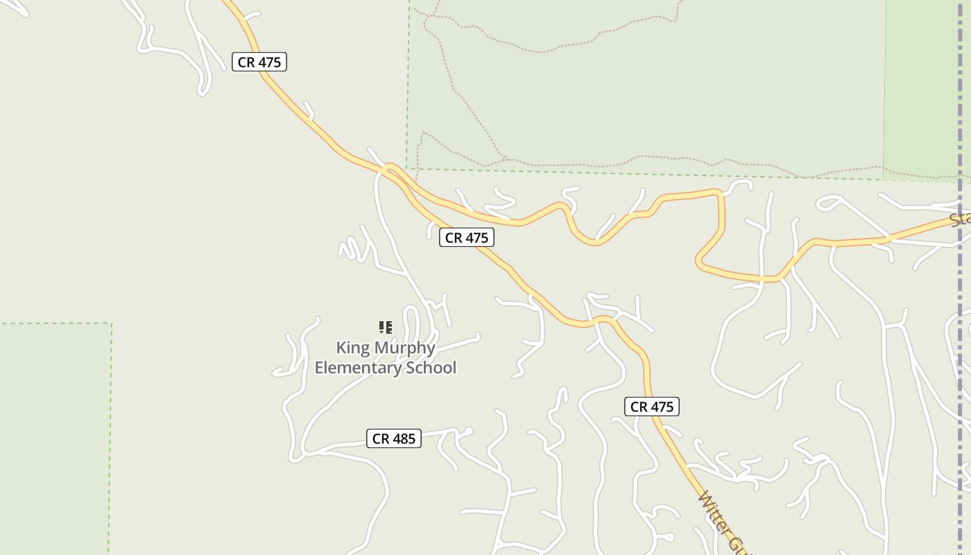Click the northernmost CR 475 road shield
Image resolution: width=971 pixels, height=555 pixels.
point(259,62)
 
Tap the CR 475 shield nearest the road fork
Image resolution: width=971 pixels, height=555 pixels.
point(467,237)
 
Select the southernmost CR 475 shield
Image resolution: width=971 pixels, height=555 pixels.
point(651,407)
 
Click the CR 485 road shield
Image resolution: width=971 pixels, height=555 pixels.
point(393,438)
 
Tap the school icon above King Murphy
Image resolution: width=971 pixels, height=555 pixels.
point(386,327)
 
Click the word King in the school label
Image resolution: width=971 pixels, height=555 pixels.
point(352,348)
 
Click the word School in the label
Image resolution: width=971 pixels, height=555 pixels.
point(430,368)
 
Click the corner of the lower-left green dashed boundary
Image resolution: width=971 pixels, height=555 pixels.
point(111,323)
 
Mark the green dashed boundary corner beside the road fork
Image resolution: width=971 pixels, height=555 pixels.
point(409,168)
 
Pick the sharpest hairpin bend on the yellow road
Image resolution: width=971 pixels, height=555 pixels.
point(699,262)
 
